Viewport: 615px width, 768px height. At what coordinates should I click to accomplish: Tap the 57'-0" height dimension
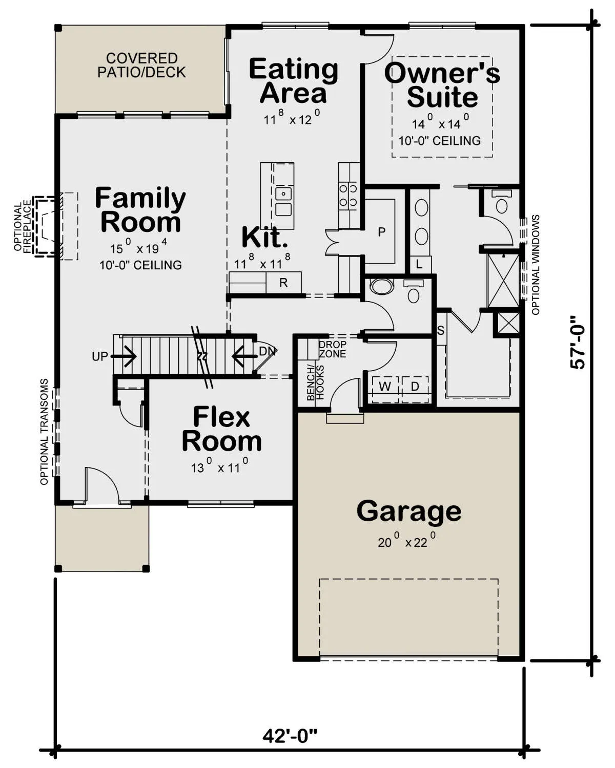[x=578, y=342]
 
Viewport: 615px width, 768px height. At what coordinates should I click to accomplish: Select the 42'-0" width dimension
[x=290, y=736]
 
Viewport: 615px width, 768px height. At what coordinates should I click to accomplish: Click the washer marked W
[x=384, y=386]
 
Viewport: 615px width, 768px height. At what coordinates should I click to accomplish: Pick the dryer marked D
[x=415, y=386]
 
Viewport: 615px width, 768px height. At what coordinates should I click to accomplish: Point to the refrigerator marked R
[x=283, y=283]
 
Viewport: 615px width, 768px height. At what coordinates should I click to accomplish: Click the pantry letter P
[x=382, y=232]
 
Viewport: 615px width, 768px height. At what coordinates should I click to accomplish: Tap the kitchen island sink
[x=283, y=201]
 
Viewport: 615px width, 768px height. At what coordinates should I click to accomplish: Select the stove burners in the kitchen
[x=348, y=195]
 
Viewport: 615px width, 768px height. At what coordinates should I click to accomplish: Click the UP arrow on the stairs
[x=124, y=356]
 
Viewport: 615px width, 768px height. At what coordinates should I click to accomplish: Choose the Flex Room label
[x=221, y=429]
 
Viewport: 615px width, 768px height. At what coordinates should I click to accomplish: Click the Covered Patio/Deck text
[x=142, y=65]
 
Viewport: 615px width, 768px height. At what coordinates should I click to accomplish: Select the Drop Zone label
[x=332, y=349]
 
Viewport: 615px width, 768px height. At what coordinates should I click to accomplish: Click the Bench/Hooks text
[x=315, y=382]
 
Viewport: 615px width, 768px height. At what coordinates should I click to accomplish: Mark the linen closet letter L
[x=419, y=264]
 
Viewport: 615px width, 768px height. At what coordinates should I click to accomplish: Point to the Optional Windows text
[x=536, y=265]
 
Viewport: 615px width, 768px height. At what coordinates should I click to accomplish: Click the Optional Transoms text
[x=44, y=432]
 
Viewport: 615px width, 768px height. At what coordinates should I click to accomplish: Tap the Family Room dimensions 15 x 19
[x=138, y=247]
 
